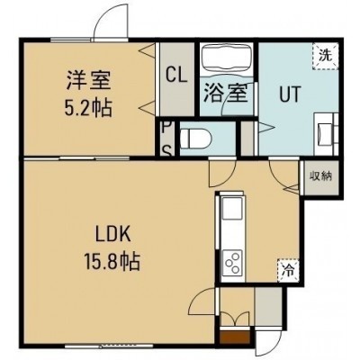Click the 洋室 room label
point(89,81)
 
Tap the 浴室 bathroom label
point(226,93)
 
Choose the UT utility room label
point(290,94)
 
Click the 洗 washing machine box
point(326,56)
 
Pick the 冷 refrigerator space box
point(288,270)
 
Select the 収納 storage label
point(321,175)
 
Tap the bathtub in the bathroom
point(226,59)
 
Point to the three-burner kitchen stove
point(232,262)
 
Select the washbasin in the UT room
point(325,134)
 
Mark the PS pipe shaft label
point(167,139)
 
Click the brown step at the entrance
point(235,337)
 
